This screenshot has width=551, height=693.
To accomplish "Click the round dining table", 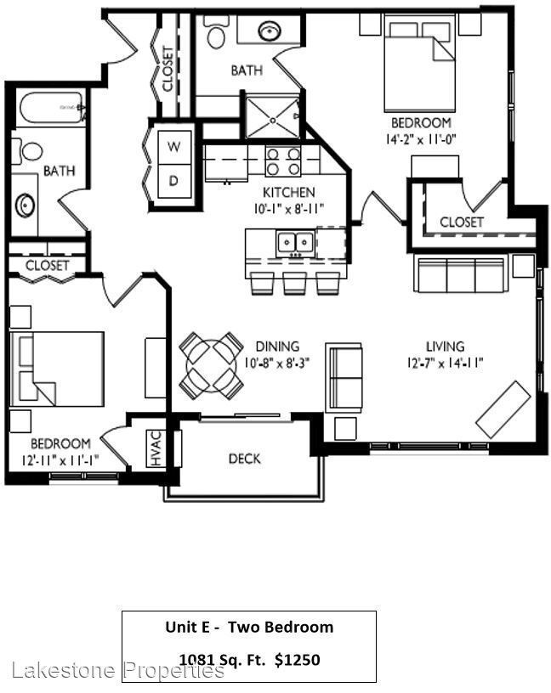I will (x=211, y=366).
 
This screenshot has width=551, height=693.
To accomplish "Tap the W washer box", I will (x=173, y=146).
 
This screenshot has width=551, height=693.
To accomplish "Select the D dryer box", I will (x=173, y=180).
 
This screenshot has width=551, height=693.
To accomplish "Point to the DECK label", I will (x=244, y=459).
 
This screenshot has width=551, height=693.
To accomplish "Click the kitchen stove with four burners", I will (x=283, y=161).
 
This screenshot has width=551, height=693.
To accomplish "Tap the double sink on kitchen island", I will (x=295, y=243).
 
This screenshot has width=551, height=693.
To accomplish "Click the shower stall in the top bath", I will (x=272, y=117).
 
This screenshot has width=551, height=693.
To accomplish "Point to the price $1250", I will (x=297, y=659).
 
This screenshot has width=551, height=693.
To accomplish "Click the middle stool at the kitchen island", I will (x=295, y=284).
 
